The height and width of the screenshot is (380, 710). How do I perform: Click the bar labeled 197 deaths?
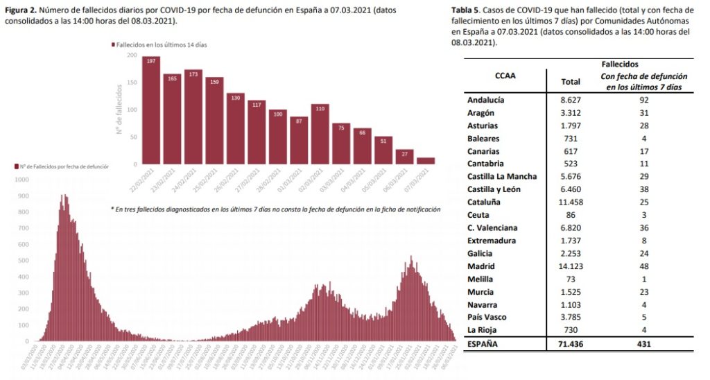[x=151, y=110]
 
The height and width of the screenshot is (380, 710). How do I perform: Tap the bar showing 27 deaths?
[x=404, y=157]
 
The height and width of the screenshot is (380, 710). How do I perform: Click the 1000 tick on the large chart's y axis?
[x=21, y=179]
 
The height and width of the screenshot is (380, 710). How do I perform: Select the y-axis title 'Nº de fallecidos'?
[x=119, y=109]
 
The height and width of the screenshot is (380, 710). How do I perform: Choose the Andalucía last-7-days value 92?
[x=644, y=100]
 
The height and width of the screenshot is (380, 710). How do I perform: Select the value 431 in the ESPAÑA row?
[x=644, y=343]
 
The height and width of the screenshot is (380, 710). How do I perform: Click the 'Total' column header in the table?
[x=570, y=82]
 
